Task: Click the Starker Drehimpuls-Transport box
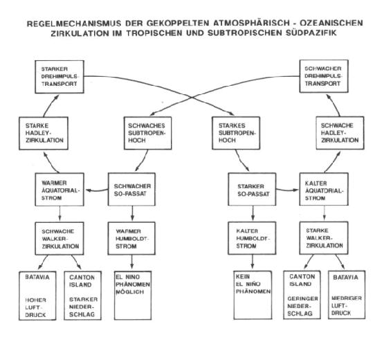60,77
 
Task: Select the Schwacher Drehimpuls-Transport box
324,76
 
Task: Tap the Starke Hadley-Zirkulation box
44,134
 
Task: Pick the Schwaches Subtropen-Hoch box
147,133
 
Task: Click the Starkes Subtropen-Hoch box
236,133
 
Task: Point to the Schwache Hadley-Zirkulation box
340,133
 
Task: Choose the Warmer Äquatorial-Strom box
60,190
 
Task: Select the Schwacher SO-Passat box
131,190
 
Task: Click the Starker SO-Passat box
252,189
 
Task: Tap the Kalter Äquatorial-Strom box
324,189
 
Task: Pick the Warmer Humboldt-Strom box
131,238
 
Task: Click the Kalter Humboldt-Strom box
252,238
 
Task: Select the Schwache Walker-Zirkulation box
60,239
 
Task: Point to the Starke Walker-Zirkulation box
324,238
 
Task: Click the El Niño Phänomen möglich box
133,296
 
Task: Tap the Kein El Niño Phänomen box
253,295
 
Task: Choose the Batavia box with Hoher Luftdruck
37,296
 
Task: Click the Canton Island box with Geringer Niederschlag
302,295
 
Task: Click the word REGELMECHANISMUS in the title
74,24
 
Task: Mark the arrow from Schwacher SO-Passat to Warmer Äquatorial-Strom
97,190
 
